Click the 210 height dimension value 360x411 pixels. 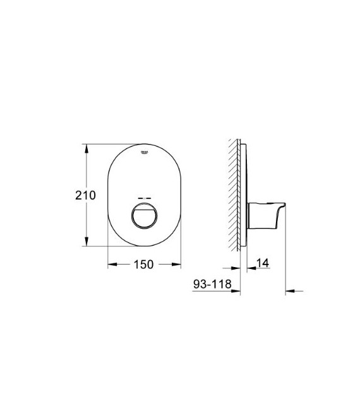point(85,196)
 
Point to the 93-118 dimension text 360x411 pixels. point(211,285)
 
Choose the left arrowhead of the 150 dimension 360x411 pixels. point(112,265)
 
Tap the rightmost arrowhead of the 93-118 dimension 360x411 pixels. point(289,291)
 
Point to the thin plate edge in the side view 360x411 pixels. point(243,196)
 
